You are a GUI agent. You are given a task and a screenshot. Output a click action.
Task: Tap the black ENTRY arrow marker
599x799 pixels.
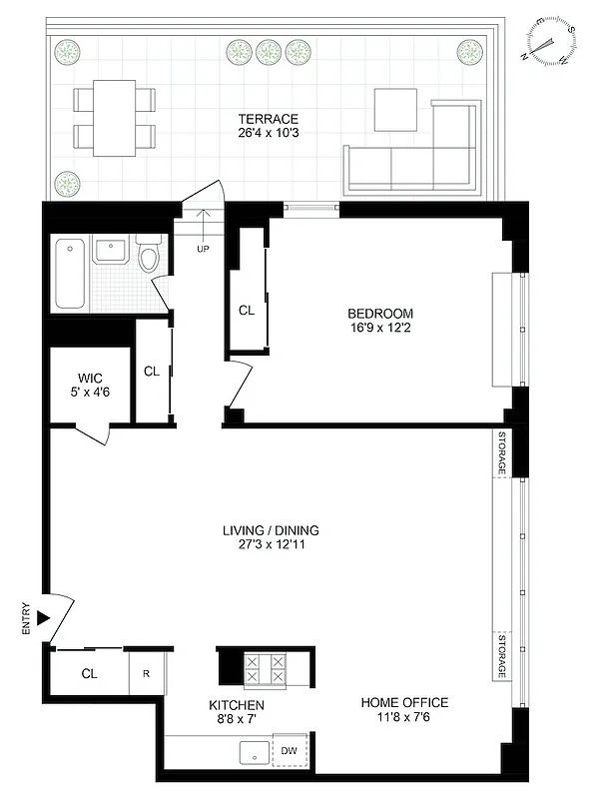tap(42, 619)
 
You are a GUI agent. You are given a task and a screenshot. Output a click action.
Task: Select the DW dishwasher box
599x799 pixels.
tap(290, 750)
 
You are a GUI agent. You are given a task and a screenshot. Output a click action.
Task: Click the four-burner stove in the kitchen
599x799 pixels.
tap(265, 668)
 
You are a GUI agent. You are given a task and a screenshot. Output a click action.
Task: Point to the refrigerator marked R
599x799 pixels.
tap(146, 673)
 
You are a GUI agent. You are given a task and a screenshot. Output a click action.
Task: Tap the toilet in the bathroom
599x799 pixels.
tap(149, 257)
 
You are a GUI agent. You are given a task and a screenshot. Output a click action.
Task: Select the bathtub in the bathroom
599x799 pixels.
tap(70, 273)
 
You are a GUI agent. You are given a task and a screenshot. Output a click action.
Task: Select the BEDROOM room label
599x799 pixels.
tap(373, 312)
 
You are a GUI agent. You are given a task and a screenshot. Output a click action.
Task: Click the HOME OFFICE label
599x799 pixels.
tap(404, 702)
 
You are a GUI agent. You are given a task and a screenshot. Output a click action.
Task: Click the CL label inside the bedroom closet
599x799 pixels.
tap(247, 311)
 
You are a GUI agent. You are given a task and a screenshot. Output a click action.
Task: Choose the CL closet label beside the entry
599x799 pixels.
tap(89, 673)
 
